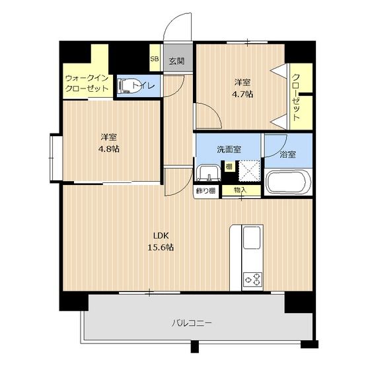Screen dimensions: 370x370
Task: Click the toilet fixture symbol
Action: pyautogui.click(x=129, y=86)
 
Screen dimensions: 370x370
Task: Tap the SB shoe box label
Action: pyautogui.click(x=155, y=59)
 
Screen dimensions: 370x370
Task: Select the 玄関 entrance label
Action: pyautogui.click(x=177, y=61)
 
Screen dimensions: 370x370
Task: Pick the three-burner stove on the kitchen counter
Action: pyautogui.click(x=253, y=279)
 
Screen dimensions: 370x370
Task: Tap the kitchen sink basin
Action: pyautogui.click(x=252, y=237)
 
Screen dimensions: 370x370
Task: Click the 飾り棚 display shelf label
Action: pyautogui.click(x=206, y=190)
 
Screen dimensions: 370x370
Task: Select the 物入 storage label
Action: pyautogui.click(x=240, y=190)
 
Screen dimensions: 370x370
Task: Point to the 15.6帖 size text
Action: pyautogui.click(x=161, y=247)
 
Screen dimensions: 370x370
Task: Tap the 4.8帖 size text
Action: pyautogui.click(x=109, y=149)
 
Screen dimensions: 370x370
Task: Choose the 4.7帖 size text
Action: pyautogui.click(x=242, y=94)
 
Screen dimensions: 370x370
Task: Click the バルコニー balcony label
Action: pyautogui.click(x=192, y=323)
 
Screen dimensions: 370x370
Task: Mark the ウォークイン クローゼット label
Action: pyautogui.click(x=87, y=83)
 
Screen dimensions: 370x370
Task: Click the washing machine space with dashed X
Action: pyautogui.click(x=249, y=171)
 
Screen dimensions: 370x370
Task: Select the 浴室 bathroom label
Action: pyautogui.click(x=287, y=155)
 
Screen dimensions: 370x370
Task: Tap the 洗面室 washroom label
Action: pyautogui.click(x=229, y=149)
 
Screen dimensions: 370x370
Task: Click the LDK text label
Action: pyautogui.click(x=161, y=235)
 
